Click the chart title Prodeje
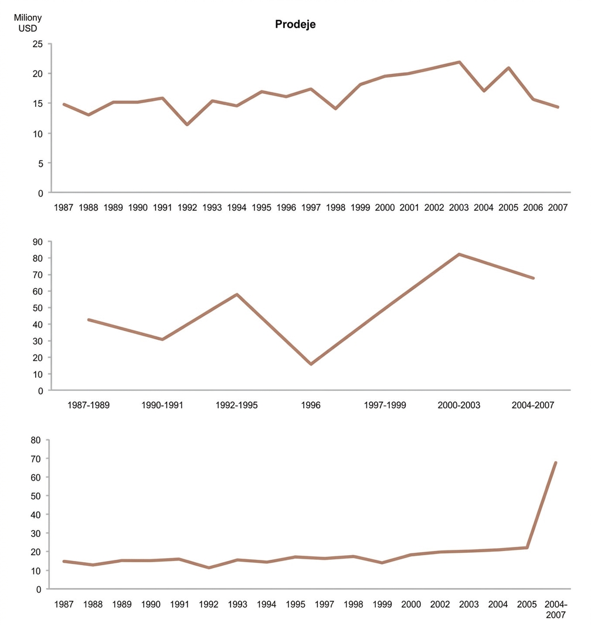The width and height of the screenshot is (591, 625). pos(295,24)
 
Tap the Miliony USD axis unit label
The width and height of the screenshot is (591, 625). pos(28,23)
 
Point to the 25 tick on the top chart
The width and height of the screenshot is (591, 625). pos(38,44)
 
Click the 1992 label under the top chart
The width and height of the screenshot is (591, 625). pos(187,207)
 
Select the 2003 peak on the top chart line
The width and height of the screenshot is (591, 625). pos(459,62)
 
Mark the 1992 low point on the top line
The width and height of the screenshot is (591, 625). pos(187,125)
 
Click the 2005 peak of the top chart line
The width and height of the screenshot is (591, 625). pos(508,67)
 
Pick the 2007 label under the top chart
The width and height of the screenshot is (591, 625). pos(558,207)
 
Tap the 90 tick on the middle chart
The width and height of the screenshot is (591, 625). pos(38,242)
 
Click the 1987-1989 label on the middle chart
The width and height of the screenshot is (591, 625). pos(89,405)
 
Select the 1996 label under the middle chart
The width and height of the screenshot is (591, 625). pos(311,405)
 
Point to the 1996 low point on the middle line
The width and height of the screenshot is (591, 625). pos(311,364)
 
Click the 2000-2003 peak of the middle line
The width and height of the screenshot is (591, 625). pos(459,254)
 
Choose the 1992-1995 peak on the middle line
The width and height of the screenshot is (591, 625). pos(237,295)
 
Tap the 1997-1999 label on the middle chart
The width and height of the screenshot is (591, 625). pos(385,405)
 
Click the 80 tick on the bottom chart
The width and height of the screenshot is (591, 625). pos(36,440)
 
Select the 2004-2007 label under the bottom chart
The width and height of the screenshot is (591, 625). pos(556,610)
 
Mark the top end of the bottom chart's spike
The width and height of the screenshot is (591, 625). pos(556,462)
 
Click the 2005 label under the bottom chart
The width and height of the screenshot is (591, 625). pos(527,604)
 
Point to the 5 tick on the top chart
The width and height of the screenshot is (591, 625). pos(40,163)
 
